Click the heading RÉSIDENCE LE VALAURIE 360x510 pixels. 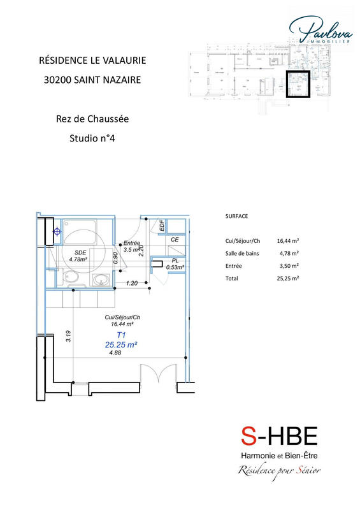click(x=92, y=61)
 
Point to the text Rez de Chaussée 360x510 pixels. click(x=92, y=119)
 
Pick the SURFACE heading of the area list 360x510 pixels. click(x=236, y=217)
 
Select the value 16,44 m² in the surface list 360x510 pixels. click(x=288, y=241)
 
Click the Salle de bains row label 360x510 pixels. click(x=243, y=253)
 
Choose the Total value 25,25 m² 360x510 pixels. click(x=288, y=279)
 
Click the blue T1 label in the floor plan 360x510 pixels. click(x=121, y=334)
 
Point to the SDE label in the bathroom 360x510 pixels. click(x=80, y=252)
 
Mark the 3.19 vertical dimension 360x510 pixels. click(x=68, y=335)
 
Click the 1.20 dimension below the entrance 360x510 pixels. click(x=132, y=282)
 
